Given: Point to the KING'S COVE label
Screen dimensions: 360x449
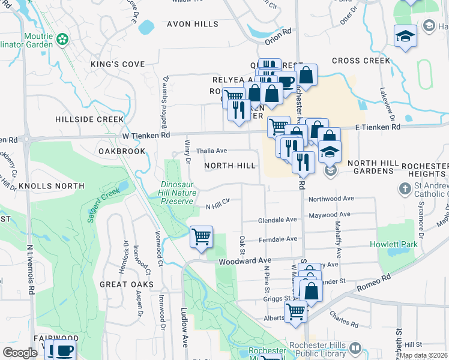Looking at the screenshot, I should click(x=118, y=64).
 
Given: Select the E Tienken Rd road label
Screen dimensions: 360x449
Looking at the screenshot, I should click(x=378, y=127).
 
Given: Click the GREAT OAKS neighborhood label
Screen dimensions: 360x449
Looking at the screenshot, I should click(x=127, y=284).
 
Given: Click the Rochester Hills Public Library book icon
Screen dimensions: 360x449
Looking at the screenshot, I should click(x=355, y=349).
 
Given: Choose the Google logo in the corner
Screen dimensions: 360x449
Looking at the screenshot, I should click(x=20, y=353).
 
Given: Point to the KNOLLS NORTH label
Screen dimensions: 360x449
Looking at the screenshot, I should click(x=51, y=186).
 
